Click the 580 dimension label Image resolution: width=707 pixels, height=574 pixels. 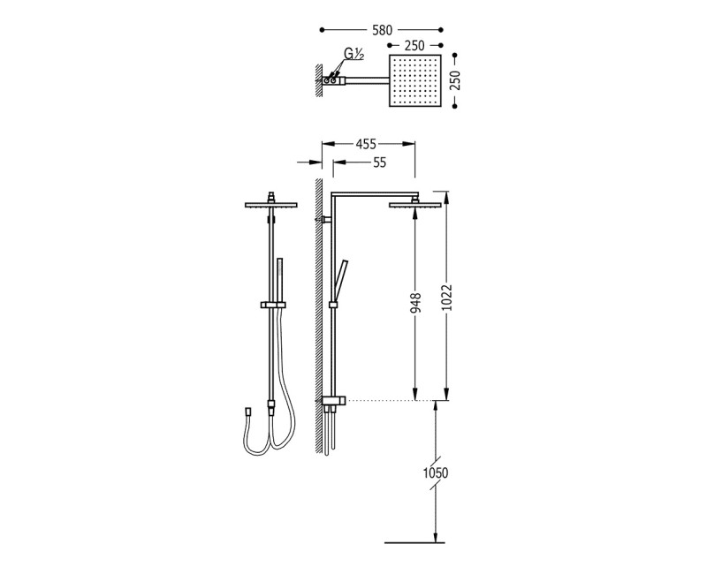tap(383, 30)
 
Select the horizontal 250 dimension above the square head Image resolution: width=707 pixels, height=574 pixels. tap(414, 46)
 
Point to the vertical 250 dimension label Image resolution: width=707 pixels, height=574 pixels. tap(455, 80)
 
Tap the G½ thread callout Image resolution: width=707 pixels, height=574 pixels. tap(353, 54)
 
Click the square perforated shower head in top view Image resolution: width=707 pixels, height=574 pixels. tap(414, 80)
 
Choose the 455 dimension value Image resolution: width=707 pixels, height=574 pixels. tap(366, 144)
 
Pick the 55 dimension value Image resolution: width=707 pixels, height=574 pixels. tap(380, 162)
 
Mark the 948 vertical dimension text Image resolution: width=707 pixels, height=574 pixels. tap(415, 303)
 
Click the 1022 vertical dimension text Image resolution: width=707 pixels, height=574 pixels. tap(446, 298)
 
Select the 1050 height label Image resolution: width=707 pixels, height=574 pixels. tap(436, 473)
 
